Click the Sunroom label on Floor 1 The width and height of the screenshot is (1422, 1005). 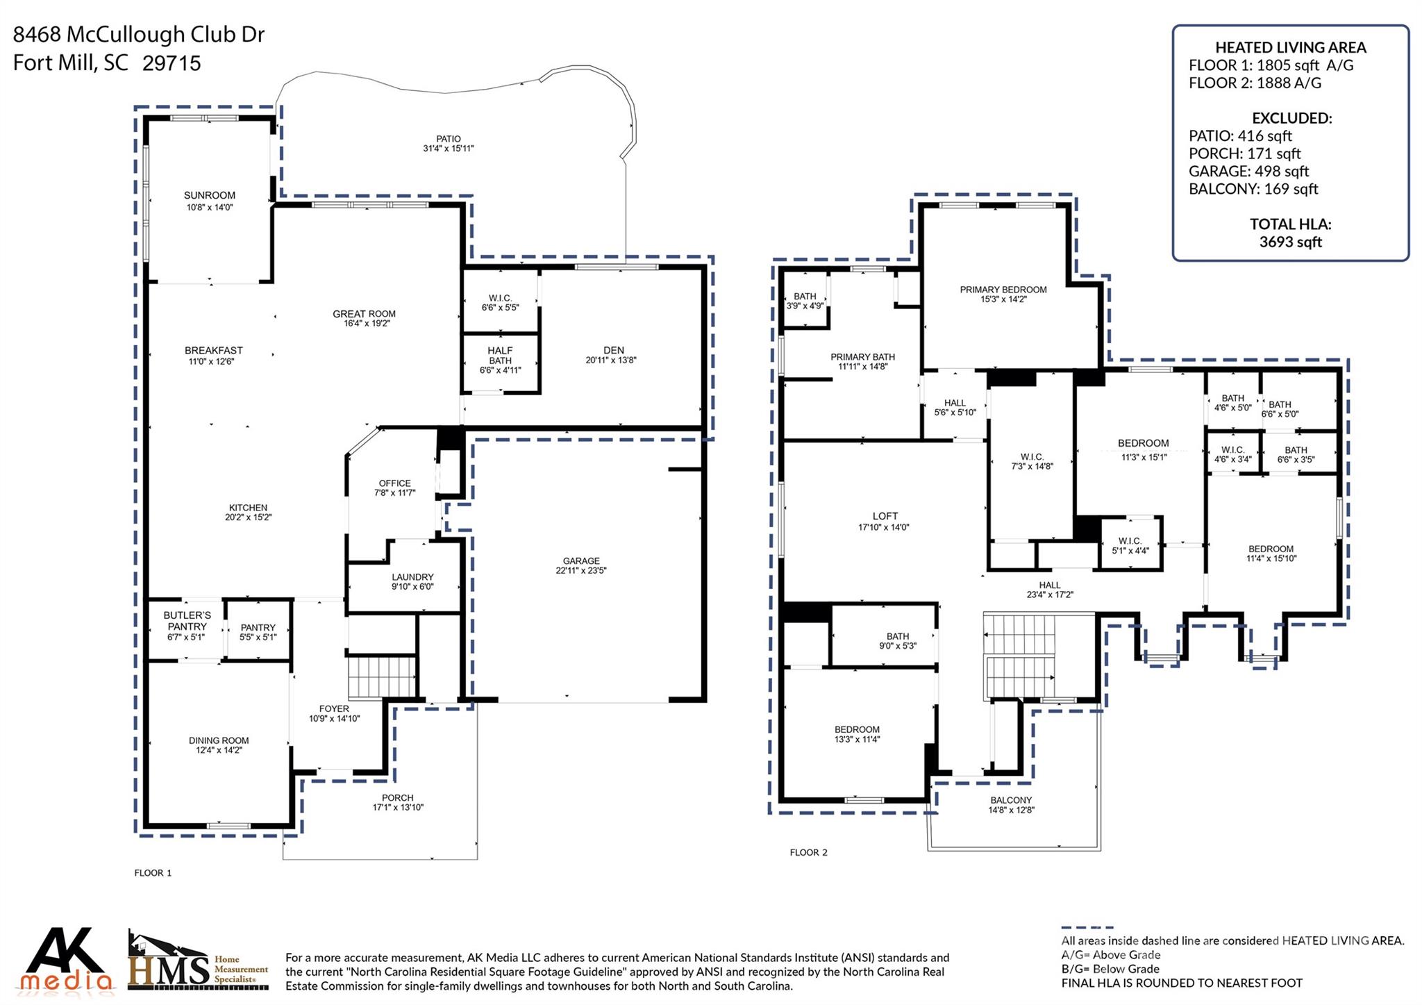209,195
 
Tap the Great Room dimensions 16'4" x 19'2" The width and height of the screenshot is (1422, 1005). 363,324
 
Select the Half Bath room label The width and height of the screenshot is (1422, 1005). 500,356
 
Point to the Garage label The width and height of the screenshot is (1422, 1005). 581,560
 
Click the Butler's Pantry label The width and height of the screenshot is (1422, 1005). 187,621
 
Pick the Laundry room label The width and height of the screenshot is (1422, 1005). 412,577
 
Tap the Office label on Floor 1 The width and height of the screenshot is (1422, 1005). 394,483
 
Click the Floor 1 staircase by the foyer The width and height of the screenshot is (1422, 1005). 381,677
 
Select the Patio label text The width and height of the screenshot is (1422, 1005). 448,139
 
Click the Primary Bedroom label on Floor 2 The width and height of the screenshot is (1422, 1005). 1003,290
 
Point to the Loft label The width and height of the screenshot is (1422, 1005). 885,516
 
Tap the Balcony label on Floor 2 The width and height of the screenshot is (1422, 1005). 1011,800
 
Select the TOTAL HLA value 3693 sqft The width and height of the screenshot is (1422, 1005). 1290,242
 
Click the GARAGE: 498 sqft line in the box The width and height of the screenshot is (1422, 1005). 1248,171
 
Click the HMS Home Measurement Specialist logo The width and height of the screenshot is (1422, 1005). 198,962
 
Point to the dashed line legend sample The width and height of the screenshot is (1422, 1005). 1087,927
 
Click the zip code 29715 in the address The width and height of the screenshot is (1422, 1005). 172,63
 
